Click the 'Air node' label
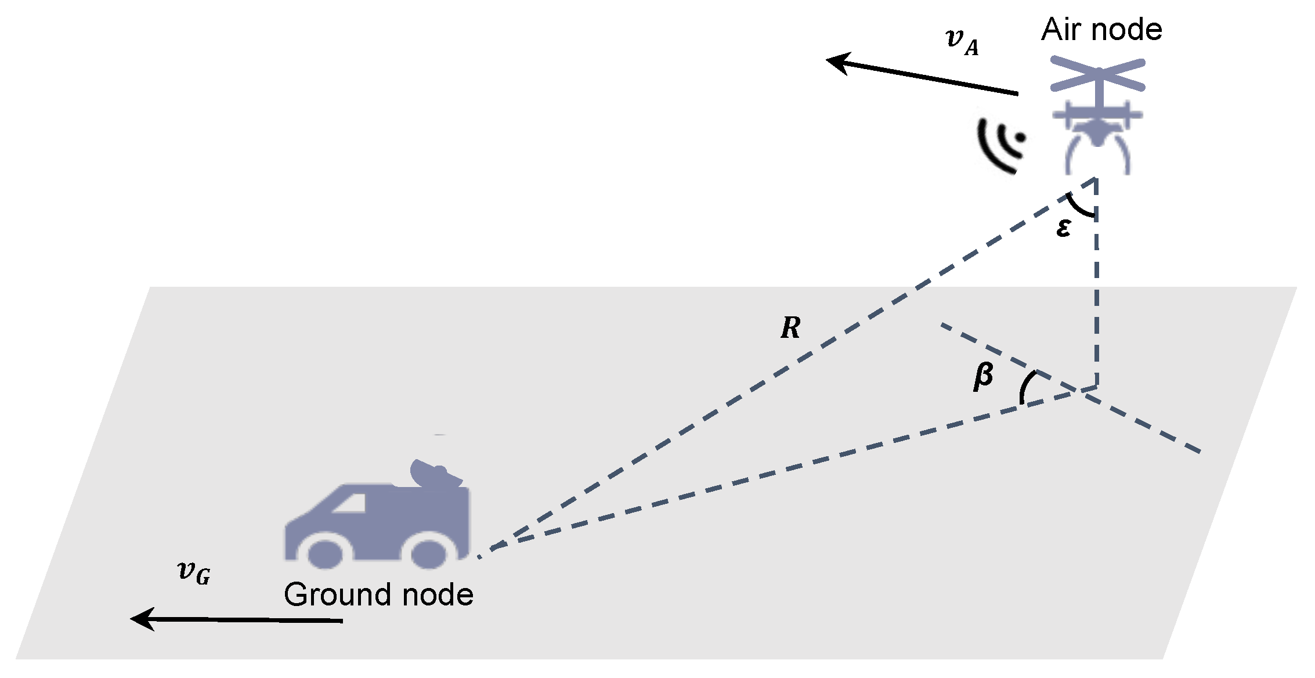[1101, 30]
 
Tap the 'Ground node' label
[378, 594]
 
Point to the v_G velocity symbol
[194, 572]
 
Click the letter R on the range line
[790, 328]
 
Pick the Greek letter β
[983, 376]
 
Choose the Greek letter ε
[1063, 228]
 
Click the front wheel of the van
[324, 553]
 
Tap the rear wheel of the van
[428, 553]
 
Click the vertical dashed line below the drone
[1096, 290]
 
